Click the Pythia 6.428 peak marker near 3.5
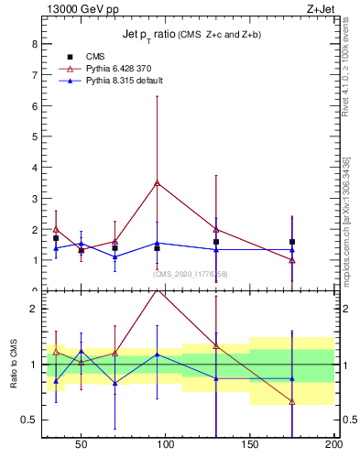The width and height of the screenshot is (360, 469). [x=158, y=183]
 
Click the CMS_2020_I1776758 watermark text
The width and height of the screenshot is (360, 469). [x=190, y=274]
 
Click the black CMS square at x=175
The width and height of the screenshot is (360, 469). [x=292, y=242]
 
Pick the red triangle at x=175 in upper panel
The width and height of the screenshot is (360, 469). [x=292, y=260]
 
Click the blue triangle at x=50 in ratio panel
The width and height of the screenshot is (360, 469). [x=82, y=351]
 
